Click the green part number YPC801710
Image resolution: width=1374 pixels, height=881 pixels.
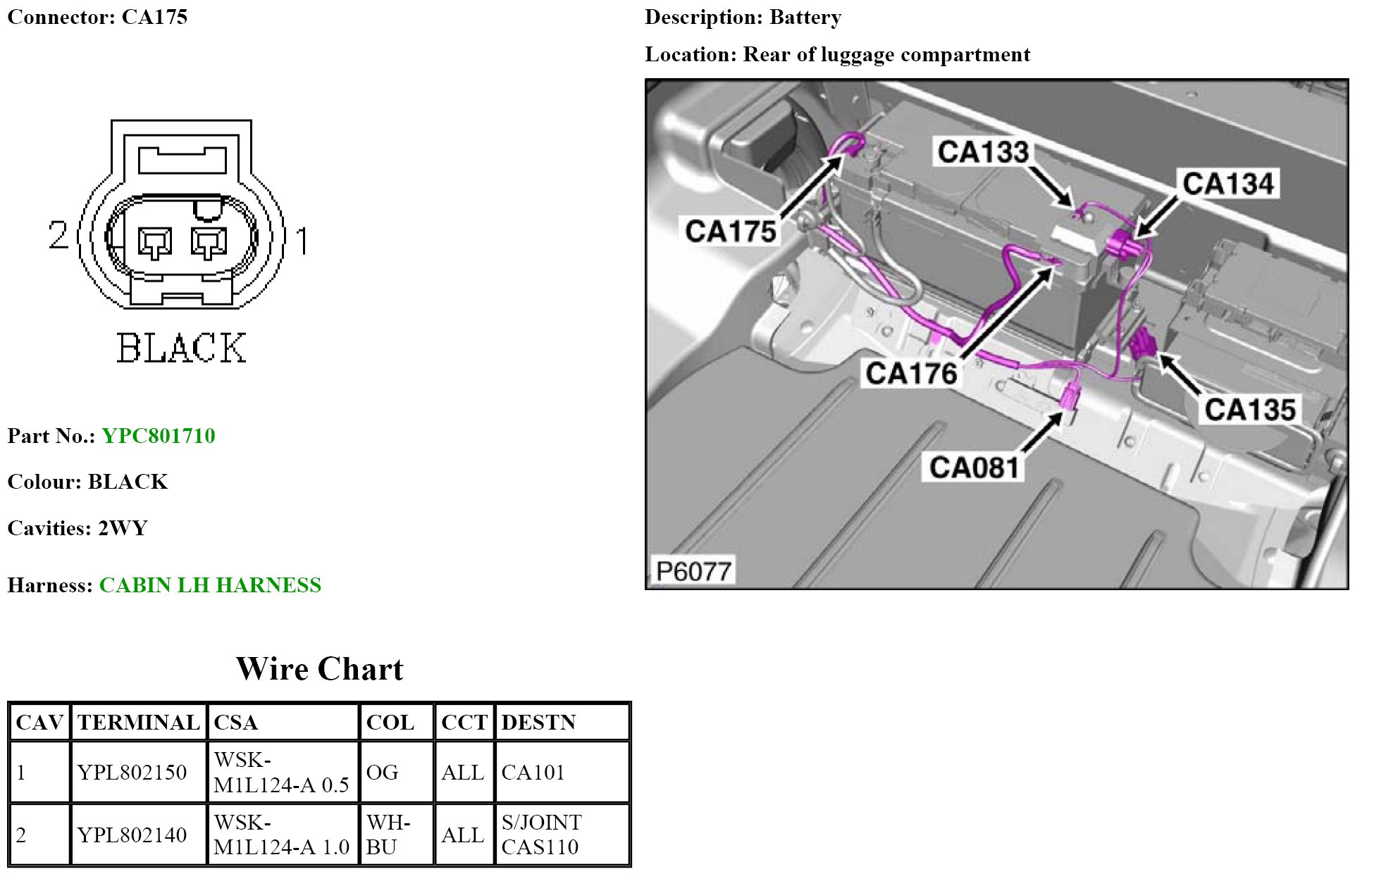[158, 436]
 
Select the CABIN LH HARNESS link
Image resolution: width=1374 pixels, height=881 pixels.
[210, 585]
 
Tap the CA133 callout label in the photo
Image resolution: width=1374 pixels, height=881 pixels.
[983, 151]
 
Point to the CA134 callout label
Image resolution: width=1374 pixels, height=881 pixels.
[1228, 184]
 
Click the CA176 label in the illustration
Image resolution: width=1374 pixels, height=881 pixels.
[911, 373]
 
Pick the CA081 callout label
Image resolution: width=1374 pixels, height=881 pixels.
[974, 468]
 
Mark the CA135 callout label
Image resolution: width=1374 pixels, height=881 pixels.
[1250, 410]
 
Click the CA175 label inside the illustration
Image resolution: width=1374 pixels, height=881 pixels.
[731, 231]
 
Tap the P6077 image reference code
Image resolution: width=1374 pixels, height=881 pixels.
[693, 571]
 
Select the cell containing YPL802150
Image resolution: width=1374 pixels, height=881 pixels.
[132, 773]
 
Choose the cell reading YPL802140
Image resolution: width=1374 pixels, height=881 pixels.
[132, 835]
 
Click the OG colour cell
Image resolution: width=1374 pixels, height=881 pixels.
[383, 773]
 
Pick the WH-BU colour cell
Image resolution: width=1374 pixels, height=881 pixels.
[388, 835]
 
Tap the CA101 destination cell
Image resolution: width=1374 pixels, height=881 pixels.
[533, 773]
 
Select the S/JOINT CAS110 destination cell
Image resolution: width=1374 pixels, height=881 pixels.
[541, 835]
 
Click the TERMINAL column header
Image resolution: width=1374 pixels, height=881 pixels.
[139, 723]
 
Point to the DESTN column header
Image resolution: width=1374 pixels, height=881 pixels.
[538, 723]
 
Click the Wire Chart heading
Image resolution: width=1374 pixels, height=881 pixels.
[319, 669]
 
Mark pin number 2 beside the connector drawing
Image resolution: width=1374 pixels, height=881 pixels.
[58, 235]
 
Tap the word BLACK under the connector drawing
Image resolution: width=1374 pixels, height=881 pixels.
[181, 348]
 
